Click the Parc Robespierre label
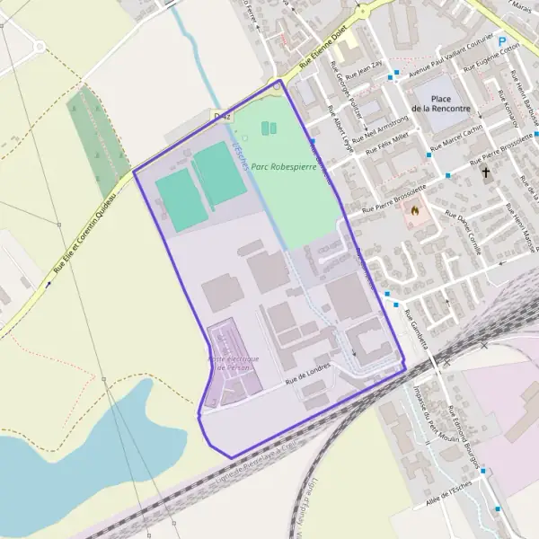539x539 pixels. (285, 166)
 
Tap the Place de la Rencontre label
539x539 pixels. (441, 102)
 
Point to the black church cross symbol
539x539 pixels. (486, 171)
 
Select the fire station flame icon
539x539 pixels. (414, 210)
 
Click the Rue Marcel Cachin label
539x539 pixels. (456, 138)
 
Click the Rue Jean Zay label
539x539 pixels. (368, 69)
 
